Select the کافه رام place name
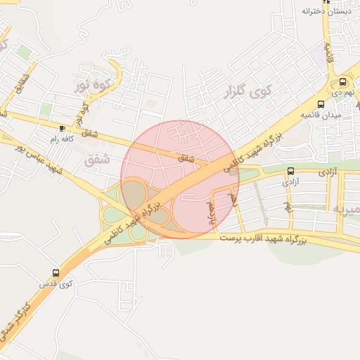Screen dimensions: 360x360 pos(63,139)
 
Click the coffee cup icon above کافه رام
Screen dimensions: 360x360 pos(63,128)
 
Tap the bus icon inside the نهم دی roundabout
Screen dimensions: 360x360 pos(344,81)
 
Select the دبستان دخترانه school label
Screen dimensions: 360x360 pos(326,11)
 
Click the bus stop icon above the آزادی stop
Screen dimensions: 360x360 pos(290,171)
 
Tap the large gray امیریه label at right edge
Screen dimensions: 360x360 pos(347,209)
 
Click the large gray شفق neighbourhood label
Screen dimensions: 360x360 pos(97,161)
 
